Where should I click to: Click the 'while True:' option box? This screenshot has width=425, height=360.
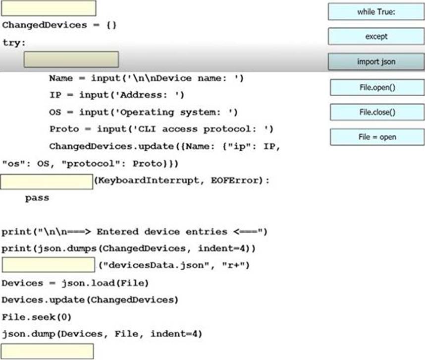pyautogui.click(x=376, y=12)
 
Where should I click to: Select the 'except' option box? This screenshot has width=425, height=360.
pyautogui.click(x=376, y=36)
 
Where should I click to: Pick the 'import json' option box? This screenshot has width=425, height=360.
pyautogui.click(x=376, y=62)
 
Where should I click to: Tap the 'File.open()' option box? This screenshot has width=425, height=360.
pyautogui.click(x=377, y=87)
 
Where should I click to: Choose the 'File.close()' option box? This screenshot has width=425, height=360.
pyautogui.click(x=377, y=112)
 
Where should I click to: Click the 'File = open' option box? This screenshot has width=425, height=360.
pyautogui.click(x=377, y=137)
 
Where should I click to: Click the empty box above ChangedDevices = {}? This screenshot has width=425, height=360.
pyautogui.click(x=49, y=8)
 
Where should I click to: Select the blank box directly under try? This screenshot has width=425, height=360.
pyautogui.click(x=71, y=60)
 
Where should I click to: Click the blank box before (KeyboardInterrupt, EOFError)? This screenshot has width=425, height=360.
pyautogui.click(x=47, y=181)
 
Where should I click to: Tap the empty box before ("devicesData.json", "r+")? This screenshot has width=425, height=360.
pyautogui.click(x=48, y=265)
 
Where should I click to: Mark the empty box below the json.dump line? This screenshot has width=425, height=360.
pyautogui.click(x=47, y=351)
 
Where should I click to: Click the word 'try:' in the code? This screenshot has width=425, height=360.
pyautogui.click(x=13, y=43)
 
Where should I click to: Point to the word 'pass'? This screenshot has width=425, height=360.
pyautogui.click(x=37, y=198)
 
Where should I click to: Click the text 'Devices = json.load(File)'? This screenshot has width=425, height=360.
pyautogui.click(x=75, y=283)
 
